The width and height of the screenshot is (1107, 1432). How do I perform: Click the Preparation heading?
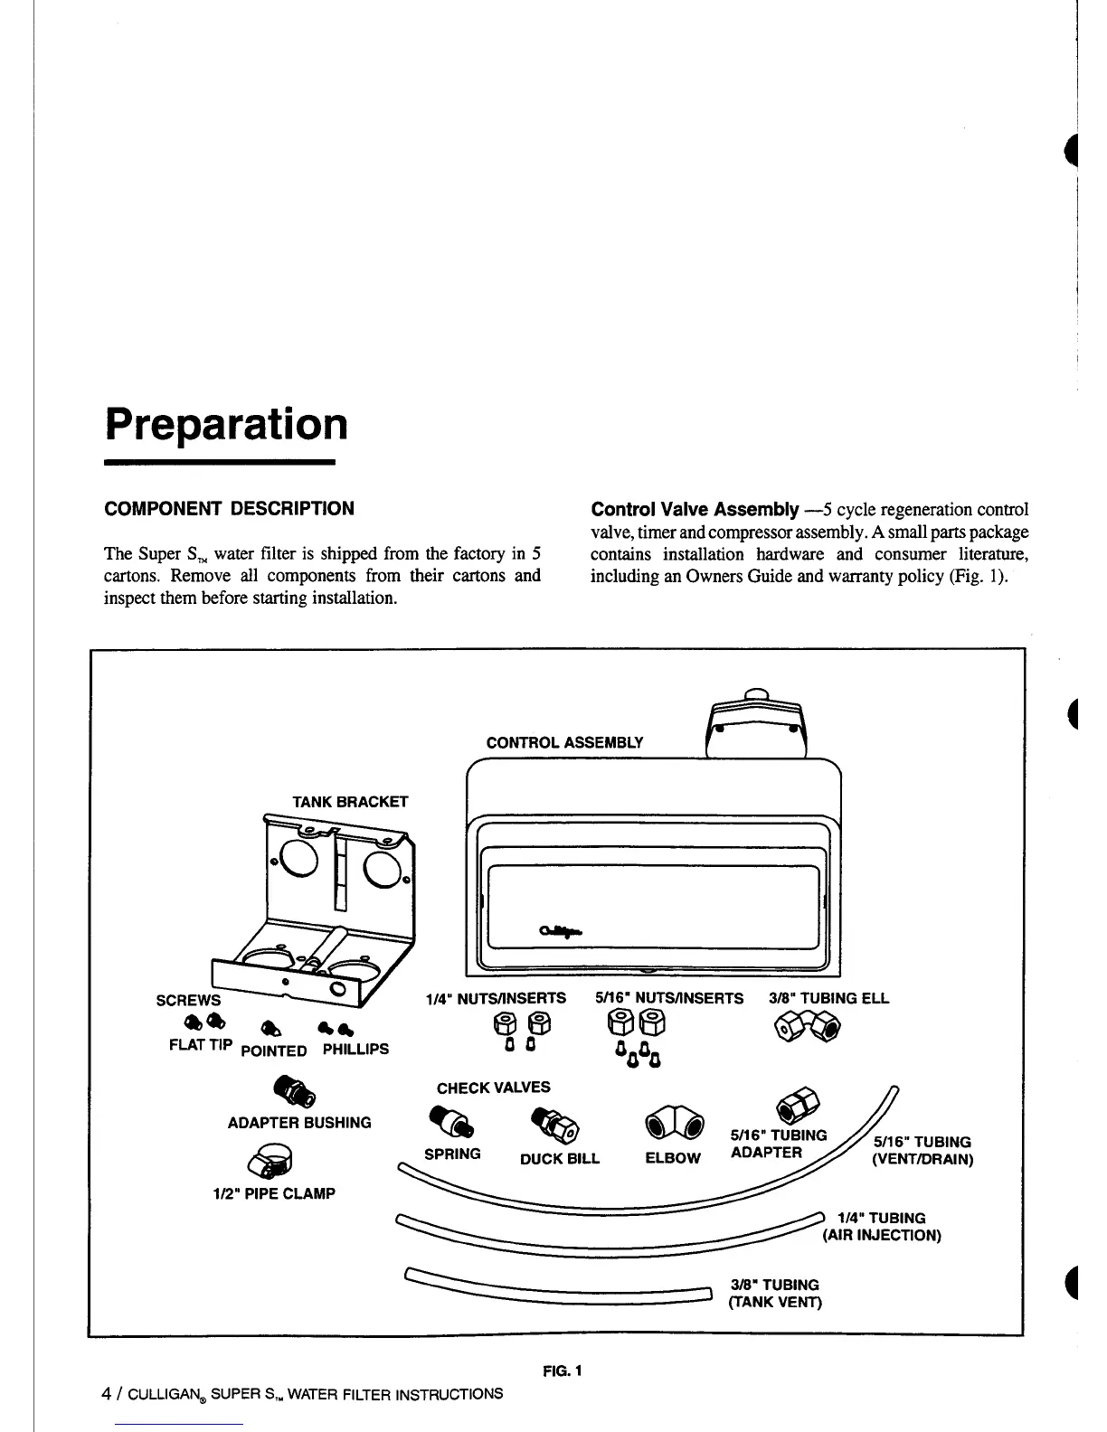coord(226,423)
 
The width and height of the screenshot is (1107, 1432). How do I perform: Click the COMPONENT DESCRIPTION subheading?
coord(230,508)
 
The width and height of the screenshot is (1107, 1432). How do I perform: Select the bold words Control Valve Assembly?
coord(694,509)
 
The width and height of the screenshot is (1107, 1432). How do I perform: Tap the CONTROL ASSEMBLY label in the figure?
coord(564,742)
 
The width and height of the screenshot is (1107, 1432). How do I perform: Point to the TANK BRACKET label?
coord(349,802)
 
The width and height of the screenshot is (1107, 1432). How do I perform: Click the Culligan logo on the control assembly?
coord(561,930)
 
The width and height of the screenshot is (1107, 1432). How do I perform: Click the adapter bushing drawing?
coord(296,1091)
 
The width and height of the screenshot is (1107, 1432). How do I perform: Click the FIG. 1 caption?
coord(563,1371)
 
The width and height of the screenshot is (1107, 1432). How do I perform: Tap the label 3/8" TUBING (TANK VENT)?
coord(774,1293)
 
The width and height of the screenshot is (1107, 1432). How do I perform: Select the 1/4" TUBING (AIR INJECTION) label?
coord(882,1227)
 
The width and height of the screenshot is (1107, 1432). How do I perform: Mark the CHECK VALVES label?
coord(493,1088)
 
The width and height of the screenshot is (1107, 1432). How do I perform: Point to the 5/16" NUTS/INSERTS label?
coord(669,998)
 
